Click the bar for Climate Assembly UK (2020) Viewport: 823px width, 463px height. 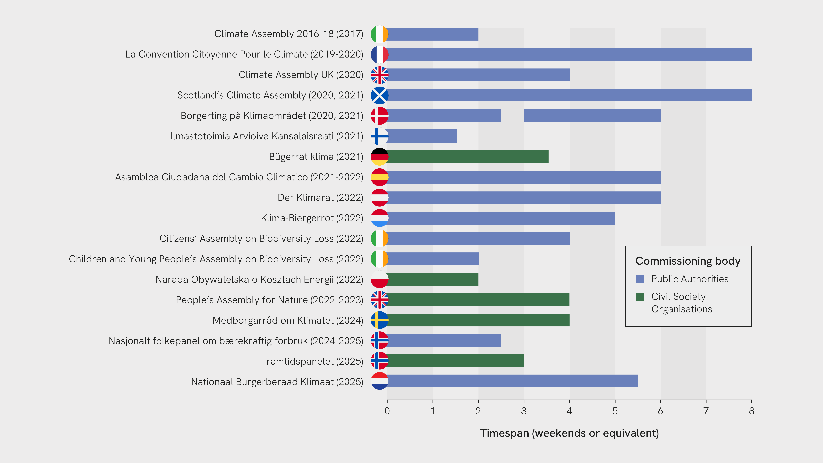pyautogui.click(x=478, y=75)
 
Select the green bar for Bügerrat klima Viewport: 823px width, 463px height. pyautogui.click(x=468, y=157)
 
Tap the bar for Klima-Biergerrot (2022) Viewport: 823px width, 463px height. pyautogui.click(x=501, y=218)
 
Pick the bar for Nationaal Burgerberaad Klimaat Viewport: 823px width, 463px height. pyautogui.click(x=512, y=381)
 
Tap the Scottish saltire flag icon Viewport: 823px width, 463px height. pyautogui.click(x=379, y=95)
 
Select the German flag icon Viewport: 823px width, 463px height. pyautogui.click(x=379, y=157)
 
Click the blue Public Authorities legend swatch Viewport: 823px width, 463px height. pyautogui.click(x=640, y=279)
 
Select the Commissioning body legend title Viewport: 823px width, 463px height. pyautogui.click(x=688, y=261)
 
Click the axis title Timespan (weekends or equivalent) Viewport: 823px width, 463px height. pyautogui.click(x=569, y=433)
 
